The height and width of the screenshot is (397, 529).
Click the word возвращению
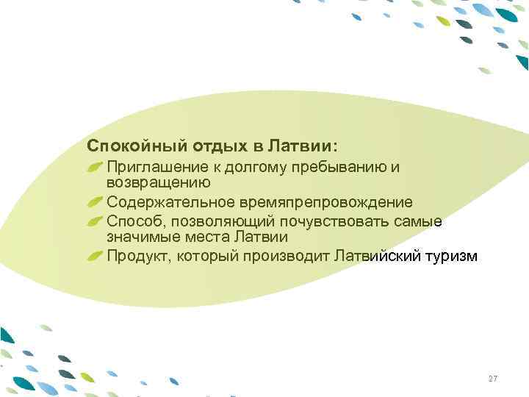(159, 182)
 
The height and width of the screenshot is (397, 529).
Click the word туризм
(452, 256)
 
